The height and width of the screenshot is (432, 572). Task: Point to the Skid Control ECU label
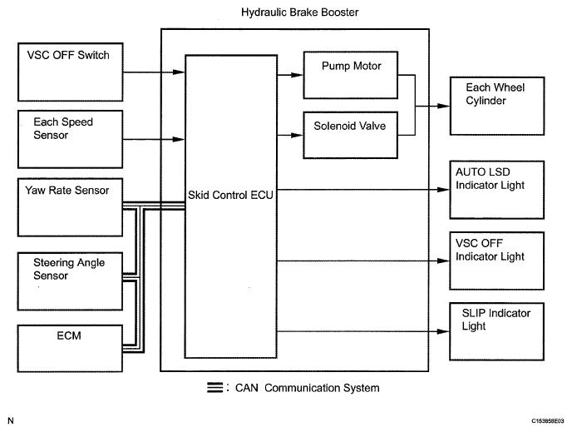coord(230,195)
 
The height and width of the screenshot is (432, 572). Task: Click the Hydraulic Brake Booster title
coord(300,12)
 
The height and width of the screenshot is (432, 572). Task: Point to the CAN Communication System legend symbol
coord(214,387)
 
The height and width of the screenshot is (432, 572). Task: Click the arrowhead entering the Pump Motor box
coord(298,75)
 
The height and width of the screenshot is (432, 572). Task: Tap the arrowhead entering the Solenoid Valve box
coord(298,135)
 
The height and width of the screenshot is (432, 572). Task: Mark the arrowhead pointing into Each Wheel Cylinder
coord(444,106)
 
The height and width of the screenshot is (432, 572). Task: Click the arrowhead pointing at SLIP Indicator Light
coord(443,331)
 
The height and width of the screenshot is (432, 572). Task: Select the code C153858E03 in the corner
coord(548,421)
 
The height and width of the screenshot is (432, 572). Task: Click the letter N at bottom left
coord(11,420)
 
